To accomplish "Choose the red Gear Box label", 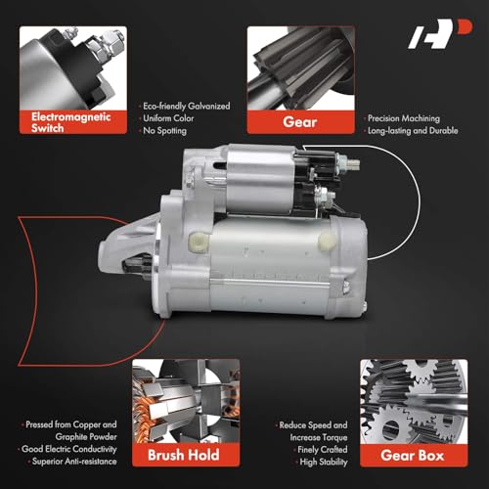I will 413,455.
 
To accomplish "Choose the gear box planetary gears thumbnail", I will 413,401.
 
